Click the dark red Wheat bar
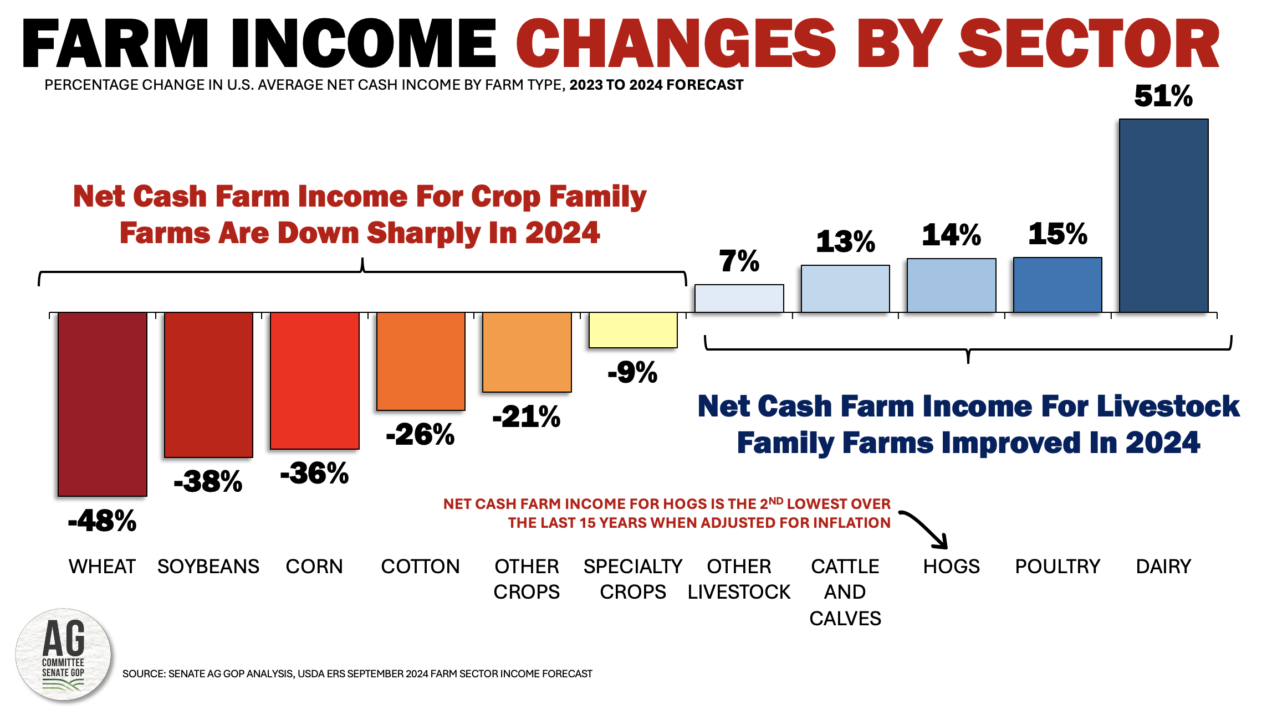point(103,404)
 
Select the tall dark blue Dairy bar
point(1163,216)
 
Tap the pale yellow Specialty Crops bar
point(633,330)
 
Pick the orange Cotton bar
point(421,361)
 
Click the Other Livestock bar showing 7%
point(739,299)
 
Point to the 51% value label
point(1163,96)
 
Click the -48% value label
point(103,521)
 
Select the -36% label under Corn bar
point(314,473)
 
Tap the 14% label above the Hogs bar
point(951,235)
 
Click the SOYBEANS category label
point(208,567)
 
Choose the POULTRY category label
point(1057,567)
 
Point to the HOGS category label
point(951,567)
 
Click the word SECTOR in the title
point(1089,44)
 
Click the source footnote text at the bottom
point(357,674)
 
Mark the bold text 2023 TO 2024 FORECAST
point(656,85)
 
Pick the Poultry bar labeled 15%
point(1057,285)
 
